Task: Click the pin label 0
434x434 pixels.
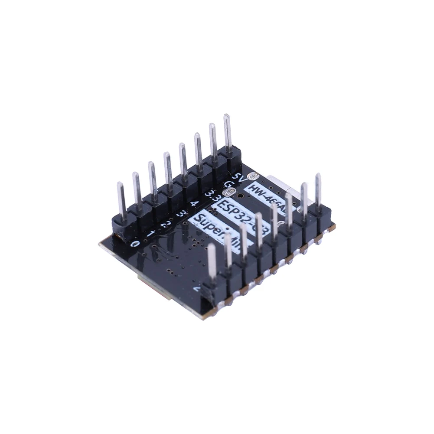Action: (135, 244)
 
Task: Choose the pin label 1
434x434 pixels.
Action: (150, 234)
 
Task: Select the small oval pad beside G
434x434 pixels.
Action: (226, 193)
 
